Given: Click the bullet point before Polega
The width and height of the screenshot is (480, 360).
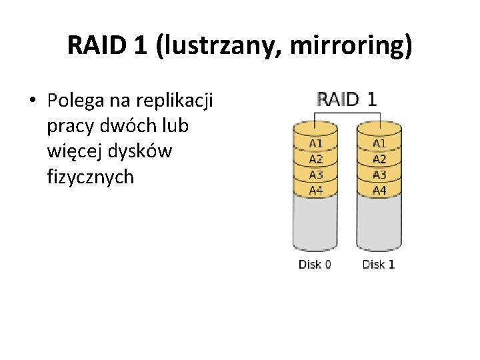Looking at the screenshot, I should click(x=31, y=101).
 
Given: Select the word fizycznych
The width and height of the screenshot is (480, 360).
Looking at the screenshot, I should click(x=91, y=177).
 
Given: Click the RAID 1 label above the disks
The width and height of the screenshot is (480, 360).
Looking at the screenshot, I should click(x=347, y=99).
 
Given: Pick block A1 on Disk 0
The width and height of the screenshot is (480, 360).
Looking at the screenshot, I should click(x=315, y=143).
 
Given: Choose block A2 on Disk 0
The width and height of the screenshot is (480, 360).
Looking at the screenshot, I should click(x=315, y=159).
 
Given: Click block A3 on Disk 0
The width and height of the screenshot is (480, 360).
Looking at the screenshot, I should click(x=315, y=175).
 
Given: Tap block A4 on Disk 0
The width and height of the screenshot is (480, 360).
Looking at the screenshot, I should click(x=315, y=190).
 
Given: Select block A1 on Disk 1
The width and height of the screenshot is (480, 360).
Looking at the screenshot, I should click(x=379, y=143).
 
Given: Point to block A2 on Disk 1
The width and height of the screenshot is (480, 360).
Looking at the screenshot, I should click(x=379, y=159).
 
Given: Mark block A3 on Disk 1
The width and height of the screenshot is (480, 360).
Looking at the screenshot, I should click(x=379, y=175).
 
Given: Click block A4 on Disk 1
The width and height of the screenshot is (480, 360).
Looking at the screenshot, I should click(x=379, y=190).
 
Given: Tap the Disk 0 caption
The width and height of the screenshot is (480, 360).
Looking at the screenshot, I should click(x=315, y=265).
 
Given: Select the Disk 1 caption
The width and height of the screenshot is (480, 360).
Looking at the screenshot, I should click(x=379, y=265).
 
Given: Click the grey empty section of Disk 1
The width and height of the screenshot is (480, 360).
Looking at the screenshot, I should click(x=379, y=223).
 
